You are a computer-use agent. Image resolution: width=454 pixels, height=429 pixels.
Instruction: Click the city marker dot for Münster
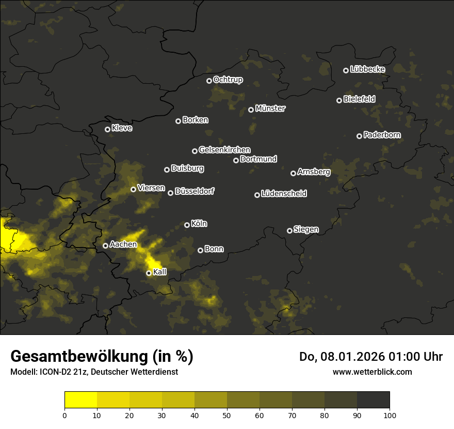tap(251, 110)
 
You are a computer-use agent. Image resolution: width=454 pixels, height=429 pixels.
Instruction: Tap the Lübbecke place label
tap(367, 69)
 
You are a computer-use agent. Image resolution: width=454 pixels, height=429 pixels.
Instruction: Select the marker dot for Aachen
tap(105, 246)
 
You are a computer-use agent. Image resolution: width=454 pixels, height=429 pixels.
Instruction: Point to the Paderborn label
tap(382, 135)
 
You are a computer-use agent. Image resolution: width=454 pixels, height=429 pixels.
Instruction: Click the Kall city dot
tap(149, 273)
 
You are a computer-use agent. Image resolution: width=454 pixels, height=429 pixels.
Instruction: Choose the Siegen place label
tap(306, 229)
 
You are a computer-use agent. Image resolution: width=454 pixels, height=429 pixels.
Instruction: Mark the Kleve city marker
tap(107, 129)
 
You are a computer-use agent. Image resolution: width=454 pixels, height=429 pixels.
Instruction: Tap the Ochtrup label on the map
tap(228, 80)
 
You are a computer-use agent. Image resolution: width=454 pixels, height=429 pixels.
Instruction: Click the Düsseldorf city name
tap(194, 191)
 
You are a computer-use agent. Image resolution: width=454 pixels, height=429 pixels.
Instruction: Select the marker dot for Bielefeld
tap(339, 100)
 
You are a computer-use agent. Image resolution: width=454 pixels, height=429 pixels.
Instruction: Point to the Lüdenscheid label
tap(284, 194)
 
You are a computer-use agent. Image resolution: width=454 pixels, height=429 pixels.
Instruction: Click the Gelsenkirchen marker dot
tap(194, 151)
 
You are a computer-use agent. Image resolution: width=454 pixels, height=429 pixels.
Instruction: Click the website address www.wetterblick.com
tap(372, 372)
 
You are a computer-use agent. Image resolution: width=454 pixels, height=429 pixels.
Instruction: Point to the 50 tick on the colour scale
tap(227, 415)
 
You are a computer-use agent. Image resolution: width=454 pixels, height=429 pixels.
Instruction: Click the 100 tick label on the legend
tap(390, 415)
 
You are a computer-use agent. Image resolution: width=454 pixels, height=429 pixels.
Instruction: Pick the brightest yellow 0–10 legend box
tap(81, 400)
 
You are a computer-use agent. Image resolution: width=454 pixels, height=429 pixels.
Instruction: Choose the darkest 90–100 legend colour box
tap(373, 400)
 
